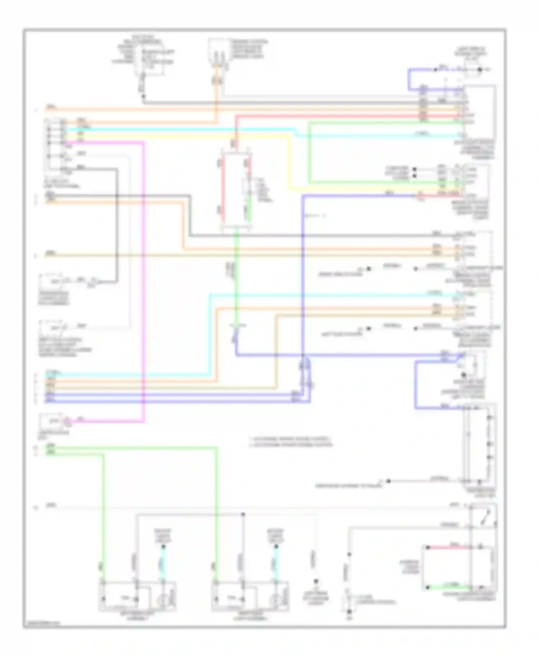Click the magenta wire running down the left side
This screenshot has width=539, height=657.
144,280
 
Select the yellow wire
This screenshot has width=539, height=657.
289,162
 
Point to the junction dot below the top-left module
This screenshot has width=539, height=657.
143,96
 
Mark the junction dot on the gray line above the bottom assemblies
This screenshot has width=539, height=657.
243,514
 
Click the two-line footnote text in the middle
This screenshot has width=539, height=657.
290,442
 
